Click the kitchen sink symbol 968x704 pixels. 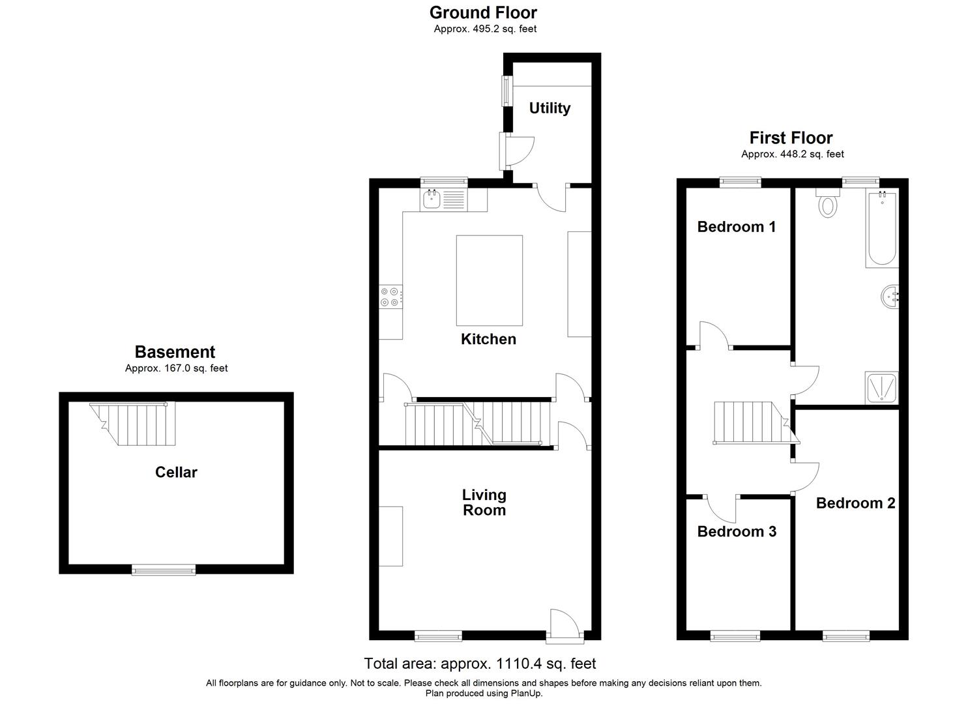tap(432, 199)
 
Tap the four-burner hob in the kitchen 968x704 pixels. tap(390, 297)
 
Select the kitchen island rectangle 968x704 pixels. tap(489, 280)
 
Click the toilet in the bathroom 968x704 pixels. tap(828, 203)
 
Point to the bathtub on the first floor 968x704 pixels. tap(882, 228)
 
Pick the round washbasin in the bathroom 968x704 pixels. tap(890, 298)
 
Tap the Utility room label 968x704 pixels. tap(550, 108)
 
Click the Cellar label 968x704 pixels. tap(176, 472)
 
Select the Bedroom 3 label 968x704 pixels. tap(737, 531)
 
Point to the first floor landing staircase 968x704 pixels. tap(750, 422)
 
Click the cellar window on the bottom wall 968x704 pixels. tap(164, 570)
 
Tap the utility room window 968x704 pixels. tap(505, 91)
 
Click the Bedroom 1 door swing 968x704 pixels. tap(714, 334)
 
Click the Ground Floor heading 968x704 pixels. tap(483, 12)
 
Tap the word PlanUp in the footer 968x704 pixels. tap(527, 694)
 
